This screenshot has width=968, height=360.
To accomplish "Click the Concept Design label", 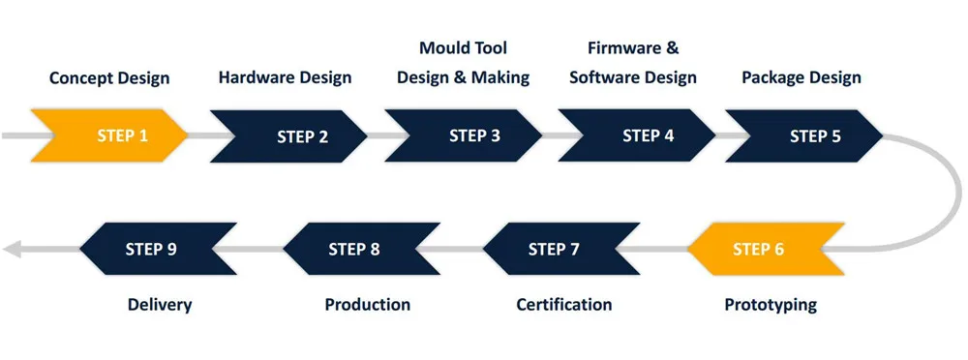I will [109, 77].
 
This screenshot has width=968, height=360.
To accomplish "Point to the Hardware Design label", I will [285, 77].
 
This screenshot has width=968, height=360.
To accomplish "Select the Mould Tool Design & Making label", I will [463, 63].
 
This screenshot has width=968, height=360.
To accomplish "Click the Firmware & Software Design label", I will [633, 63].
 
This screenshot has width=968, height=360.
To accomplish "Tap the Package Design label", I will [802, 77].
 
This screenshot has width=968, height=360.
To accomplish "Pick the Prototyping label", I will [771, 305].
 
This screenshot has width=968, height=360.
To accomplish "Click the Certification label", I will [564, 305].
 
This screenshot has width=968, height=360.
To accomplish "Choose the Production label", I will [367, 305].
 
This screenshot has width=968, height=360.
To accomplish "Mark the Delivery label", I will [160, 305].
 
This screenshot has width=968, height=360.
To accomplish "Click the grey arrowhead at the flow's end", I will [12, 250].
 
